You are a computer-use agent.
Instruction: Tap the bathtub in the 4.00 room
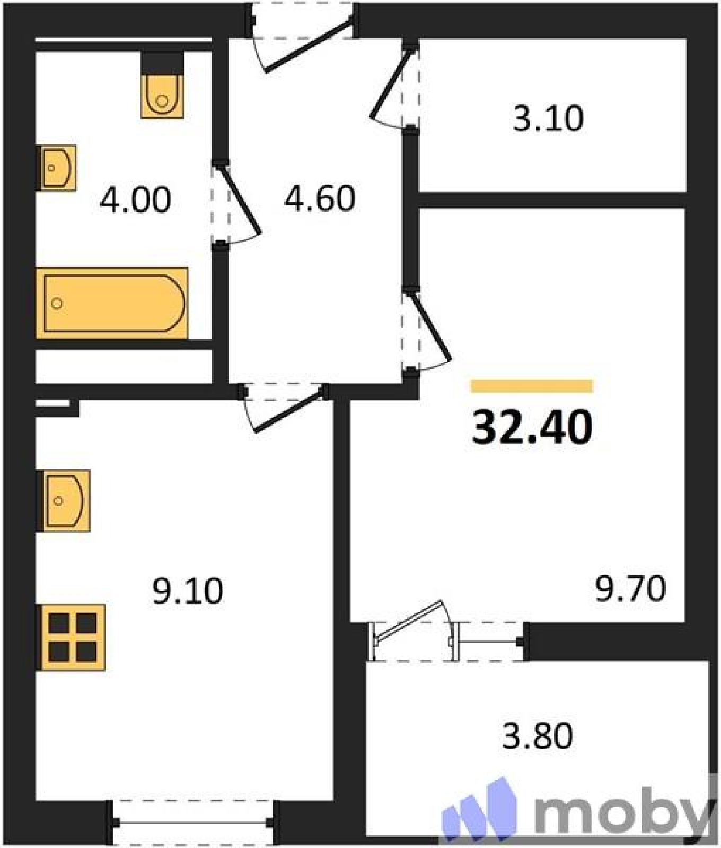(x=112, y=303)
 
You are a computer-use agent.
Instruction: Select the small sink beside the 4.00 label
(x=56, y=168)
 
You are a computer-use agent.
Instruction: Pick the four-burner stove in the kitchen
(x=71, y=637)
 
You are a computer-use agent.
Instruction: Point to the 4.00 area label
(x=136, y=200)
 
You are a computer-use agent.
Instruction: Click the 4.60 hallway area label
(x=320, y=199)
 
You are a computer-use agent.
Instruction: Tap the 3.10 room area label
(x=548, y=118)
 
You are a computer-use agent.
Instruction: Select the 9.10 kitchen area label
(x=188, y=591)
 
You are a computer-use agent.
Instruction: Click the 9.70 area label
(x=630, y=589)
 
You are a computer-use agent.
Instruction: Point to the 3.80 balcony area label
(x=538, y=736)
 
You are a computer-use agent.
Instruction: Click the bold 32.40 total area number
(x=532, y=427)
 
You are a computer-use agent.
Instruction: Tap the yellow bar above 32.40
(x=531, y=386)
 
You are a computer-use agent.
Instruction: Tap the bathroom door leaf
(x=239, y=199)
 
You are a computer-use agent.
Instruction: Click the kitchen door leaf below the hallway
(x=289, y=410)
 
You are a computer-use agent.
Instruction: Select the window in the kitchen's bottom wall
(x=193, y=822)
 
